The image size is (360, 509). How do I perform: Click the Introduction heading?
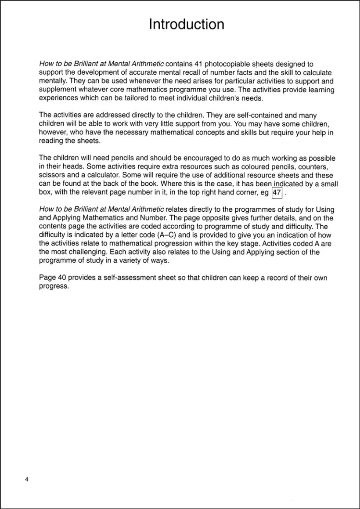pos(187,24)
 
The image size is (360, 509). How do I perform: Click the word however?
pos(53,133)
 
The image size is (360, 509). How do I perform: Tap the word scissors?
pos(53,176)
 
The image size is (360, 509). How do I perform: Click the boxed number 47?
pos(277,192)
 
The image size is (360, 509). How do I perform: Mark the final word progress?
pos(54,287)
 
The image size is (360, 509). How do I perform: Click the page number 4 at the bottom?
pos(27,479)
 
